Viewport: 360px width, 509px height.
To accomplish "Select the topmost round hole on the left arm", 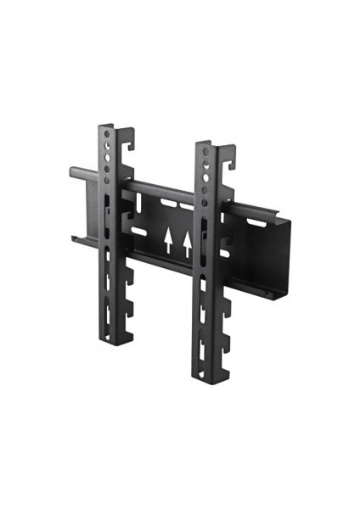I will click(x=106, y=135).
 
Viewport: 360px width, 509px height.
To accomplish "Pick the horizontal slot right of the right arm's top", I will click(x=253, y=222).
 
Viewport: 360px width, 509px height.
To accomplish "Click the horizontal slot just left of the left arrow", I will click(x=138, y=230).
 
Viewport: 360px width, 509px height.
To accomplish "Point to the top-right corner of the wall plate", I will click(x=290, y=222).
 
